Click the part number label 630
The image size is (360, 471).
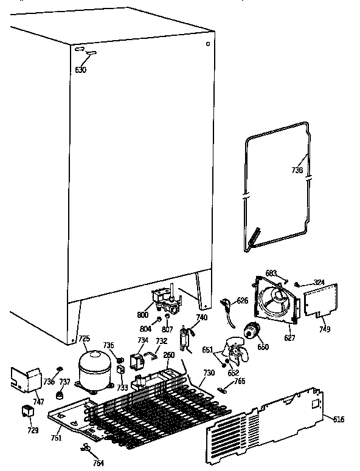click(81, 69)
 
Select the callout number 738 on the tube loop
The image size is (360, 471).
click(297, 171)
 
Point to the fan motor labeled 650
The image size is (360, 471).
click(249, 332)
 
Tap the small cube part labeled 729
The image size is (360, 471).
click(27, 412)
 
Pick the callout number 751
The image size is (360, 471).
click(56, 437)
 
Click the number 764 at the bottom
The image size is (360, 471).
click(98, 463)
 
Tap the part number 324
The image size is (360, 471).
click(319, 282)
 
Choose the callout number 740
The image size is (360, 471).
click(202, 318)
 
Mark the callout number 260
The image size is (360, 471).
click(168, 355)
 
